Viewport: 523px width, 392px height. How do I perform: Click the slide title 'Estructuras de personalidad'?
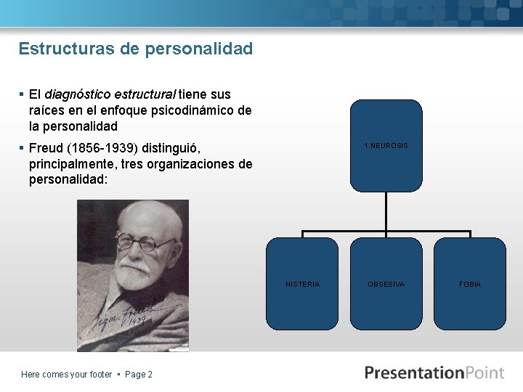pos(136,49)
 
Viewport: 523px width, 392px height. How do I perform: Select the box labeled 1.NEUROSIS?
pos(386,146)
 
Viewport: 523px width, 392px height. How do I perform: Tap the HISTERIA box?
pos(302,284)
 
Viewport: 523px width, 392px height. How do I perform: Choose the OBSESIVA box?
pos(386,284)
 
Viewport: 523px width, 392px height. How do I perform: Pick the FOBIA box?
pos(469,284)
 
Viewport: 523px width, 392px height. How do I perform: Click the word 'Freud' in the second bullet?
pos(46,148)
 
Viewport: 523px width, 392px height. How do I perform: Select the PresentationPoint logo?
pos(434,373)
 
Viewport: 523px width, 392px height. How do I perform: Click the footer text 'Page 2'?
pos(139,375)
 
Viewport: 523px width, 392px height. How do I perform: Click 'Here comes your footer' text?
pos(66,375)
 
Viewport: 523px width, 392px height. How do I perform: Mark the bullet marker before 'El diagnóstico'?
pos(22,94)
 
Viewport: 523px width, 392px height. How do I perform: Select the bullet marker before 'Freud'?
pos(22,148)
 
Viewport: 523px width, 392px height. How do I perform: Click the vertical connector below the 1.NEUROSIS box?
pos(386,212)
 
